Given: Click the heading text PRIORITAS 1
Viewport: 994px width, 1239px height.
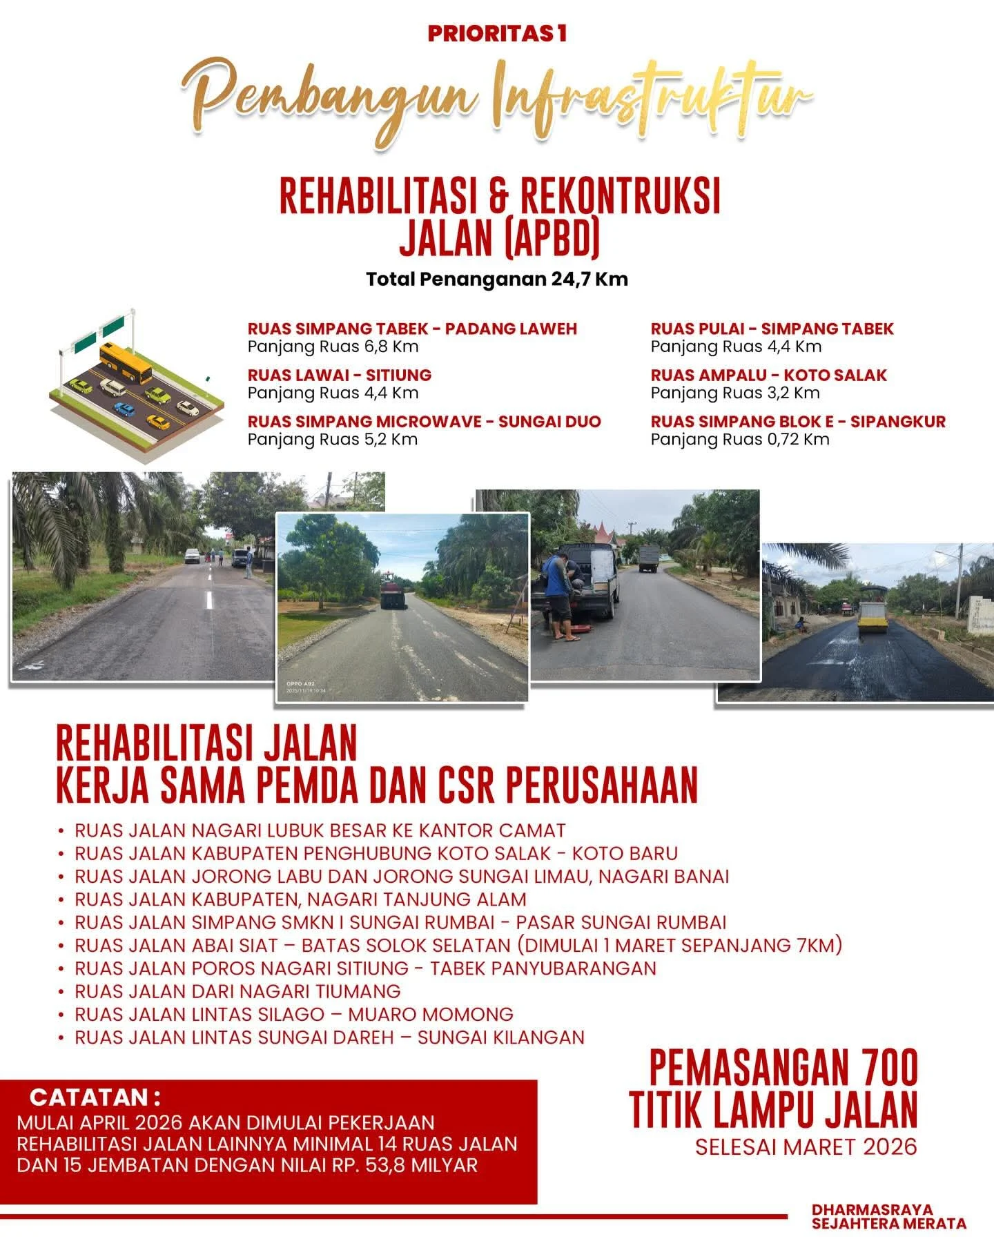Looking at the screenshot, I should (x=497, y=33).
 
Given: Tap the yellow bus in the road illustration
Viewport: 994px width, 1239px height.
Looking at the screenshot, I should (x=125, y=362).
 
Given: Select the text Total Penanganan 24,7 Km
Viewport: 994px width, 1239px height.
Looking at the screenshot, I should (x=497, y=280).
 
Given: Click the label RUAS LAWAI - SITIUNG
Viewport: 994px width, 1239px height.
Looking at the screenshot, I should (x=340, y=375).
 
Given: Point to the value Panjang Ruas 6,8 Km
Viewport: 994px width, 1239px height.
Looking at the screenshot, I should (x=333, y=347).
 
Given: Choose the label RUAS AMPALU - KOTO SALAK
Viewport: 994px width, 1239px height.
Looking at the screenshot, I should (x=768, y=375).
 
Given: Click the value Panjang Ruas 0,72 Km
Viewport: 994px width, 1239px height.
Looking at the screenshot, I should (x=740, y=440).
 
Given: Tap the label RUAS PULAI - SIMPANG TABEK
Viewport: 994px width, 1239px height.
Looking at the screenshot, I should (x=772, y=329).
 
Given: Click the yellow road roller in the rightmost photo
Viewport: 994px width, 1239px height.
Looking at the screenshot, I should (x=872, y=611).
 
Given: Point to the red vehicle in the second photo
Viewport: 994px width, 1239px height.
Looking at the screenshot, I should (x=393, y=592).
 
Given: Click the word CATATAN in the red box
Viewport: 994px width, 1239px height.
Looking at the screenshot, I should (x=88, y=1097).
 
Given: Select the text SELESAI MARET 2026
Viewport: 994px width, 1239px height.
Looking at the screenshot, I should (x=806, y=1147).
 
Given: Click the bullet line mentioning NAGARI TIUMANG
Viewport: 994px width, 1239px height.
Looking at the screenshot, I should (x=237, y=992).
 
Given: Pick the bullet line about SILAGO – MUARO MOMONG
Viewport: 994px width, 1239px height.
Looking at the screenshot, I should (x=294, y=1015).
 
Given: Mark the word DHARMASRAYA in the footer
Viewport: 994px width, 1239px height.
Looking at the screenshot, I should (x=873, y=1210).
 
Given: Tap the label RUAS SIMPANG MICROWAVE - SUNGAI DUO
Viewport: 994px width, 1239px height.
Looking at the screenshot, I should (x=424, y=422).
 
